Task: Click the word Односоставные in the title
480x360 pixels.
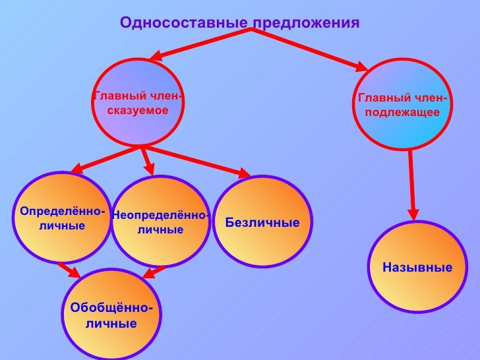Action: point(183,23)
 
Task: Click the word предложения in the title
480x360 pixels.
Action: point(306,24)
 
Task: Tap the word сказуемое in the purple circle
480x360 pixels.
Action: point(138,109)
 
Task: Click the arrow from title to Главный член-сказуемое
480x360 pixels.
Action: point(198,42)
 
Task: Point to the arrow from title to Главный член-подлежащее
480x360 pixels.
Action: point(310,47)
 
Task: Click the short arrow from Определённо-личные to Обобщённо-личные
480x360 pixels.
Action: point(68,270)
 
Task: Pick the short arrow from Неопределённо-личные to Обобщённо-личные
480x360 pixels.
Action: point(154,271)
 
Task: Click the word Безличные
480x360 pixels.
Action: point(262,222)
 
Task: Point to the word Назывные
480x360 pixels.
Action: point(417,268)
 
